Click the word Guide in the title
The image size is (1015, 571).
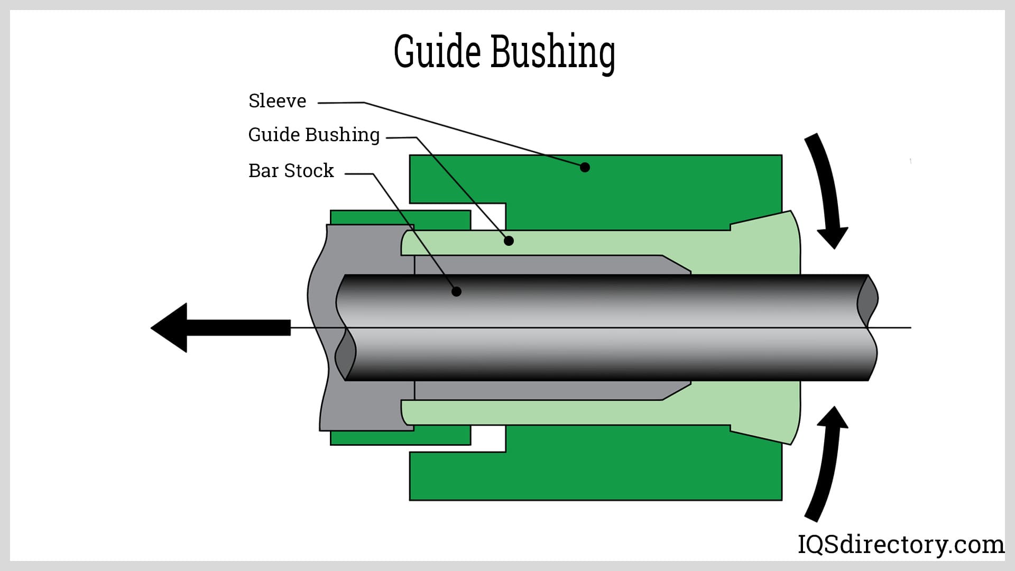[x=437, y=52]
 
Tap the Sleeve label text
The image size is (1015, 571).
[x=277, y=101]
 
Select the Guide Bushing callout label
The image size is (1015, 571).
[x=313, y=135]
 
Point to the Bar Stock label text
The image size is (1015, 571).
[x=291, y=171]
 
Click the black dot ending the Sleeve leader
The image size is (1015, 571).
[x=585, y=168]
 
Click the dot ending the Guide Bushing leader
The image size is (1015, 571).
[x=509, y=241]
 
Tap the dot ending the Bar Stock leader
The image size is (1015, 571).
[x=456, y=291]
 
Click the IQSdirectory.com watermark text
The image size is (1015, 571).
[x=900, y=545]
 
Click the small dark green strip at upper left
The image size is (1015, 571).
[x=400, y=217]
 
